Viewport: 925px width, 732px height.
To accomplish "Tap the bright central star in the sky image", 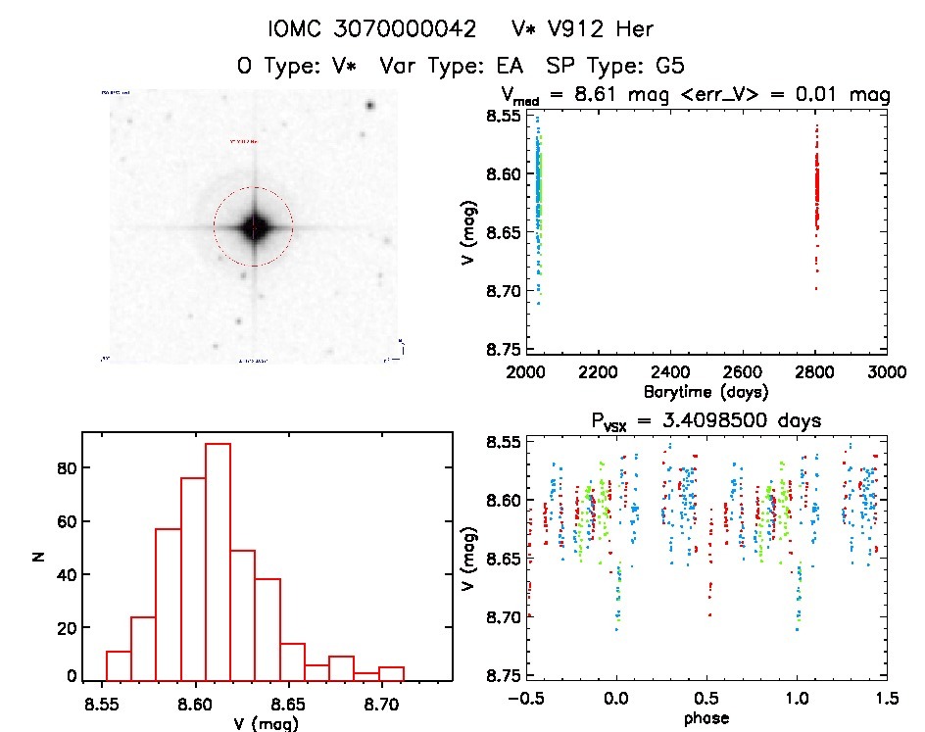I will (254, 226).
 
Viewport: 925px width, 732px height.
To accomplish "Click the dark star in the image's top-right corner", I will (370, 106).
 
